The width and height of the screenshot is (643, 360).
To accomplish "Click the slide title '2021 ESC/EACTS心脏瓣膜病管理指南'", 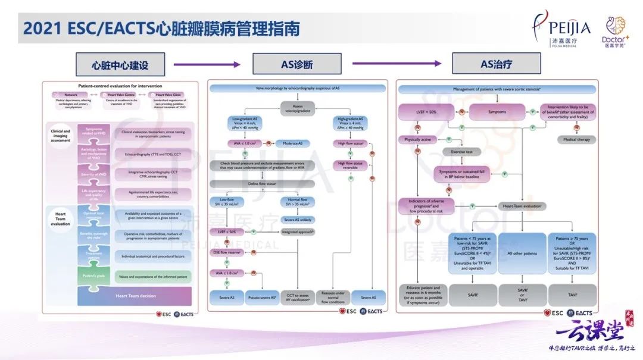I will point(161,28).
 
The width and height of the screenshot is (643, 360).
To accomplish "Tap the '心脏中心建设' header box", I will point(120,64).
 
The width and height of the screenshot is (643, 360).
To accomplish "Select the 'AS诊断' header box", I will point(296,64).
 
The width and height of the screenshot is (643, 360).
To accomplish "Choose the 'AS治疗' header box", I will point(496,64).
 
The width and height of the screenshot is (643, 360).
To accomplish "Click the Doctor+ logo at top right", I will point(615,31).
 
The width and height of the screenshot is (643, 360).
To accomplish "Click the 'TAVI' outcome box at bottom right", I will point(571,295).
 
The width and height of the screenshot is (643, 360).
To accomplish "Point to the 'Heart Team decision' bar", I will point(135,295).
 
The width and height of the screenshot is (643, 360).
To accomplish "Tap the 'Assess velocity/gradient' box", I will point(298,107).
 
